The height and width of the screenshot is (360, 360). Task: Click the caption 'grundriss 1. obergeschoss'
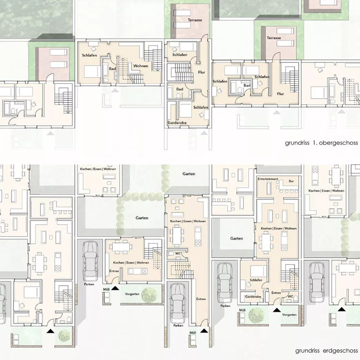321,143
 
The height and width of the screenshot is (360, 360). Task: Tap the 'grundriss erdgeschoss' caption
326,350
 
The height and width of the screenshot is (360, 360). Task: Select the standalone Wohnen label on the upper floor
141,66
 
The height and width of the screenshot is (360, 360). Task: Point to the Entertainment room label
268,179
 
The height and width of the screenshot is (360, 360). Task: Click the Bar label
291,181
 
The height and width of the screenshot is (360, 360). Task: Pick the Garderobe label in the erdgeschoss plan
253,297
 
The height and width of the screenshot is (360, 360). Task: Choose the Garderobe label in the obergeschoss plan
177,122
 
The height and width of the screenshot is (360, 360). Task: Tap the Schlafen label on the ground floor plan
256,280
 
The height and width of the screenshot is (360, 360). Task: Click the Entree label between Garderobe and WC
276,293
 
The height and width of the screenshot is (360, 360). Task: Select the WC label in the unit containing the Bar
290,297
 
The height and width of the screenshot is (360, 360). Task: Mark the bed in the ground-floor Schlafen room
258,271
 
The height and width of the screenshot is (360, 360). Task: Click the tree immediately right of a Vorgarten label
149,295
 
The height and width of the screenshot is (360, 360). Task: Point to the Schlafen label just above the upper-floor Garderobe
201,107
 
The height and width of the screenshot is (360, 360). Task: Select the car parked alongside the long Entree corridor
178,303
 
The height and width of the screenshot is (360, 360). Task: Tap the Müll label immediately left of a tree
242,310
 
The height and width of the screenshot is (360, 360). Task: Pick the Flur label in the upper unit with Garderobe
201,72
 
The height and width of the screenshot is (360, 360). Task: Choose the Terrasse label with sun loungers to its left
274,37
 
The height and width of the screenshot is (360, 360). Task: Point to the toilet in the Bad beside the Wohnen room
106,80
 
